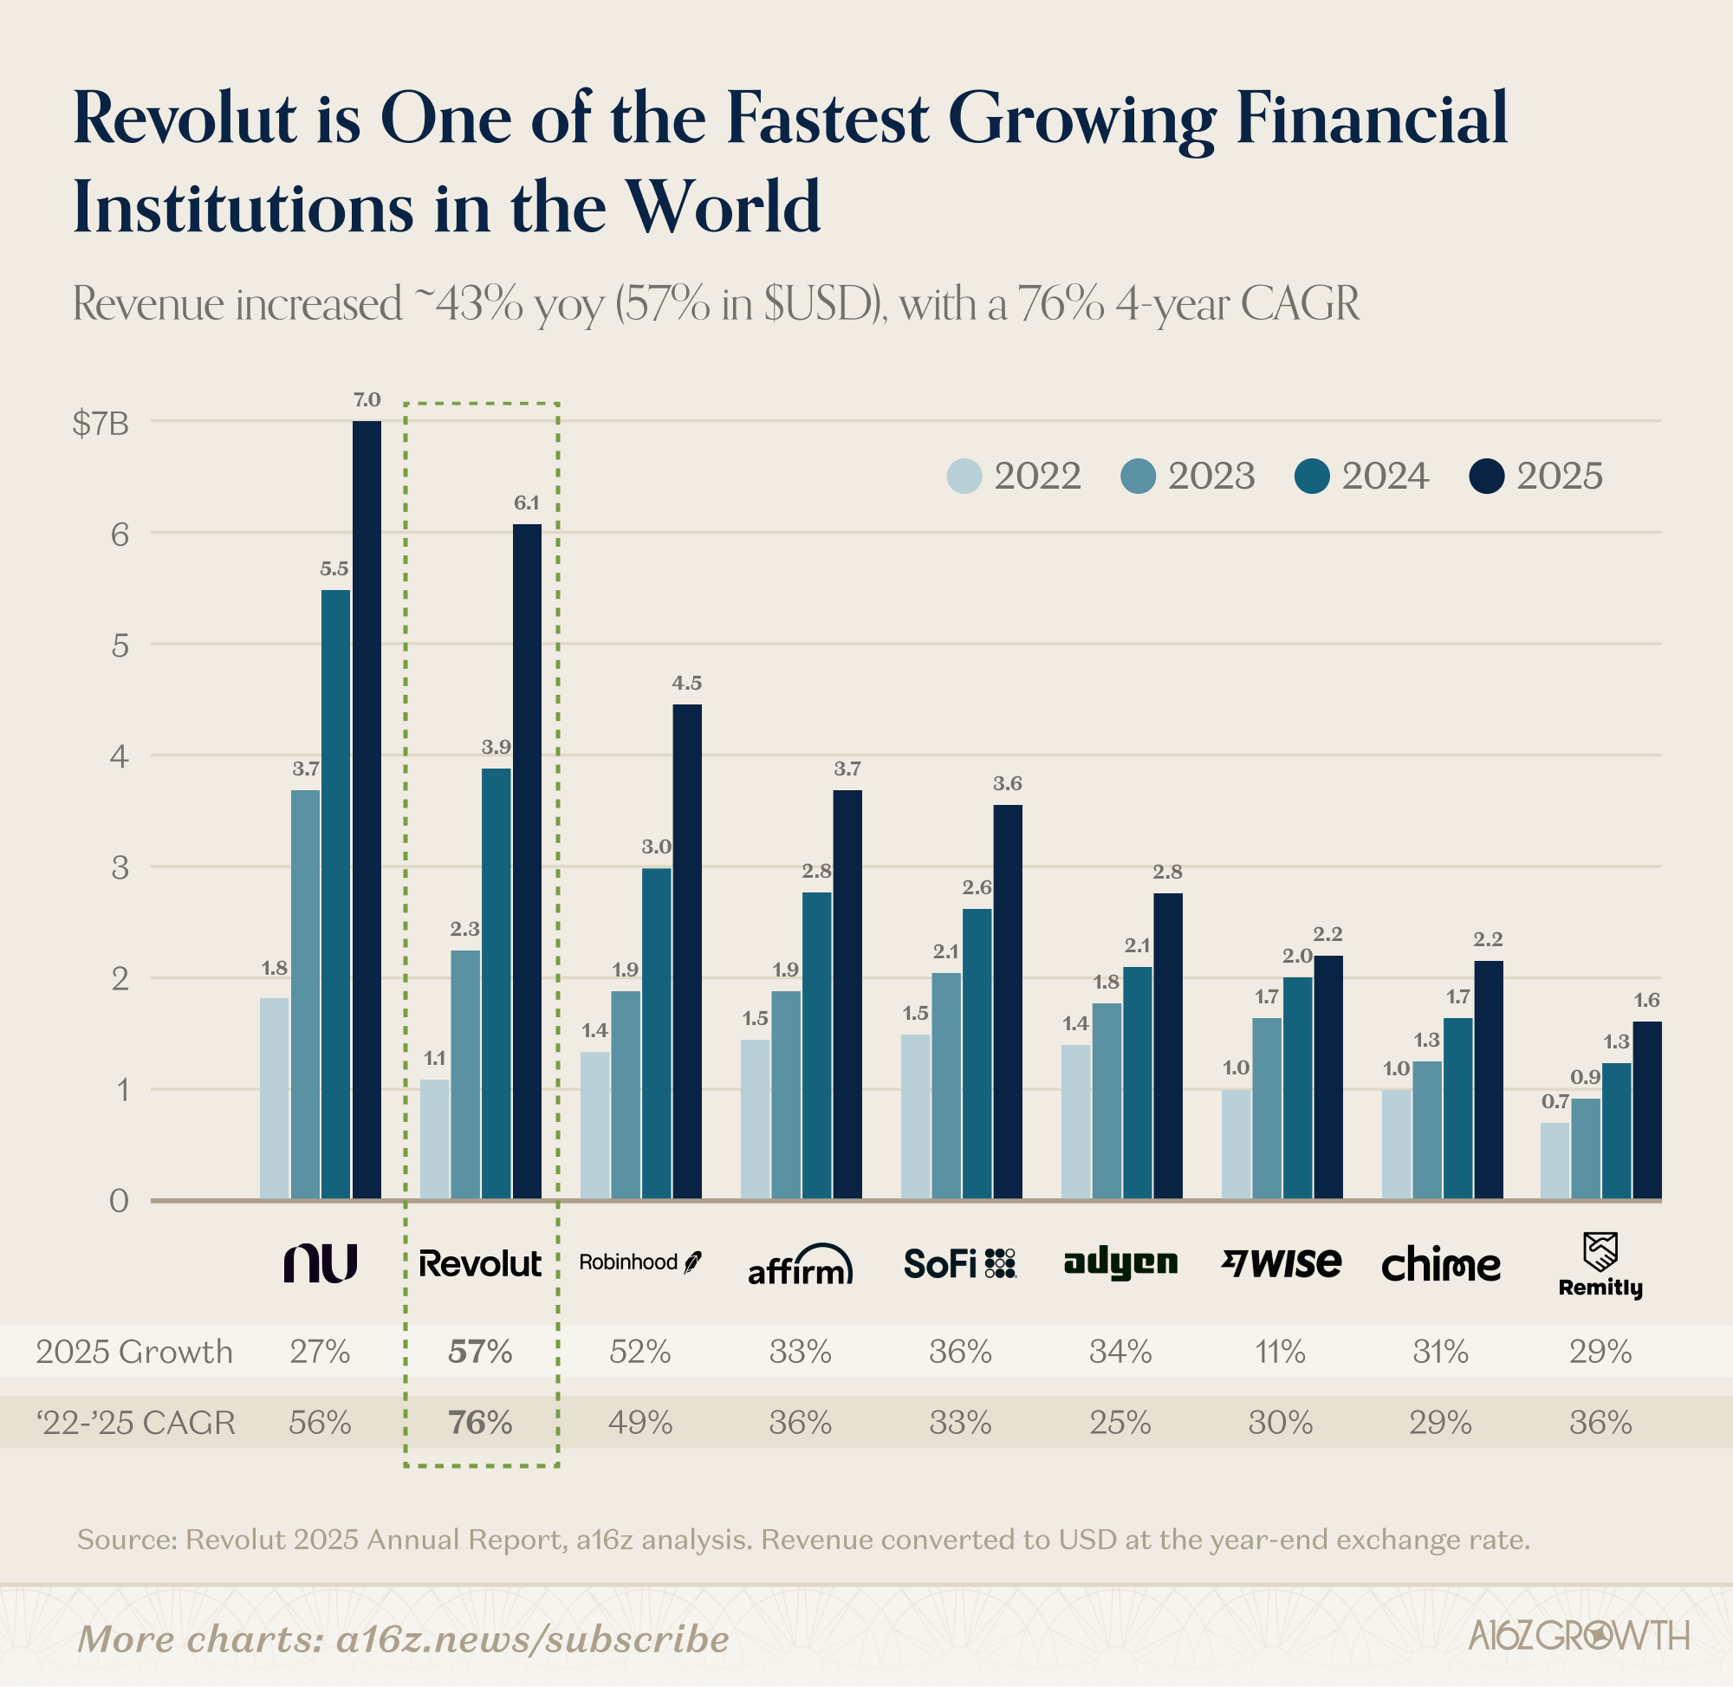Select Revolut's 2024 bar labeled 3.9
(x=497, y=983)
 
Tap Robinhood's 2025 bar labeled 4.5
(x=686, y=951)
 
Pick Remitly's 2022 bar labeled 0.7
(x=1554, y=1161)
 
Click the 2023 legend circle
(x=1138, y=477)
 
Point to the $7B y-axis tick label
(x=101, y=425)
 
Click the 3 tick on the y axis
(x=120, y=868)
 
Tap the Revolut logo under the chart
(x=479, y=1263)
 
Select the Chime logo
(x=1441, y=1264)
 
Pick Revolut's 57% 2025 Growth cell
(x=480, y=1352)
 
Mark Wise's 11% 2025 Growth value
(x=1281, y=1352)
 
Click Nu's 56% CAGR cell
(x=320, y=1423)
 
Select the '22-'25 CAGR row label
(x=135, y=1423)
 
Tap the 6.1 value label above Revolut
(x=526, y=503)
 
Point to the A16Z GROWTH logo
(x=1578, y=1636)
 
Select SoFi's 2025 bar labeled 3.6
(x=1008, y=1002)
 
